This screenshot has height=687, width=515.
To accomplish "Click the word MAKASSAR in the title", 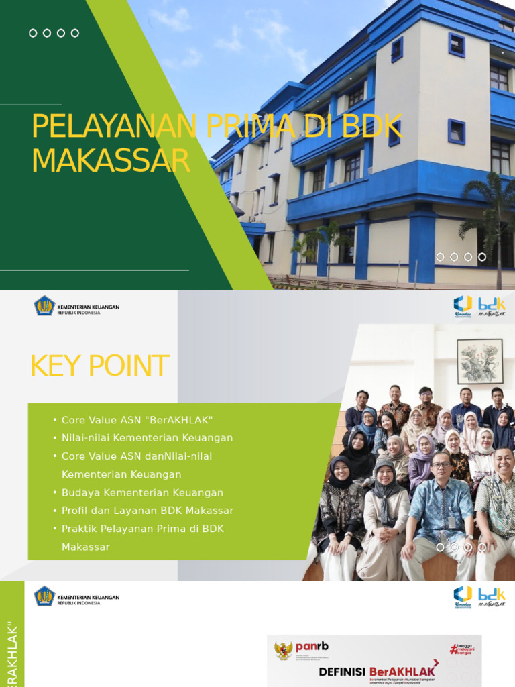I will [111, 161].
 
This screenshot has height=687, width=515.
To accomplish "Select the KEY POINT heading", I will [99, 366].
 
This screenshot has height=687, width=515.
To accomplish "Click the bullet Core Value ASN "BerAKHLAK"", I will [137, 420].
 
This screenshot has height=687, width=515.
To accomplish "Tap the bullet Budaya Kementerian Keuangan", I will [142, 492].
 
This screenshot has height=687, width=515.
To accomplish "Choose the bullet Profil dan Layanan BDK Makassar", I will [148, 511].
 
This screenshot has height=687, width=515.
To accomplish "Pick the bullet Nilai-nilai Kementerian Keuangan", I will [147, 438].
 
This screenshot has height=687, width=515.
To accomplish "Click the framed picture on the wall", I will [479, 361].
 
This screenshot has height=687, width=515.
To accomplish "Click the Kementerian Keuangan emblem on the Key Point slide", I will [45, 306].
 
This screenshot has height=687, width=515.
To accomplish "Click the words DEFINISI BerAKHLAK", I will [377, 670].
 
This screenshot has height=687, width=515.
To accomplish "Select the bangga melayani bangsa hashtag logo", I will [463, 649].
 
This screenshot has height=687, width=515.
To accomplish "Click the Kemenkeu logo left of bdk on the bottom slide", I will [463, 595].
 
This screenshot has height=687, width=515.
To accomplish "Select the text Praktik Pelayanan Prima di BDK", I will [142, 529].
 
